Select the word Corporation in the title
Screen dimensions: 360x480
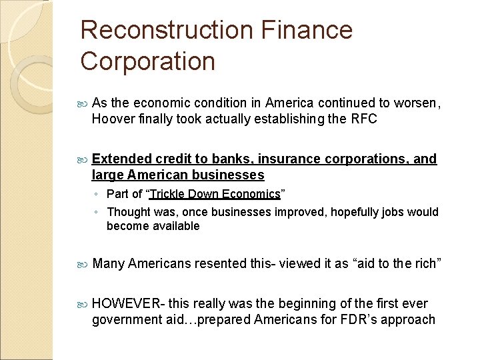[x=148, y=61]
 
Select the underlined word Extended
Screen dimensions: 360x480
[x=121, y=159]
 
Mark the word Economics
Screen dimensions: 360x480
[x=251, y=194]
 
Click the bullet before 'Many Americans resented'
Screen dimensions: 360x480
[x=83, y=264]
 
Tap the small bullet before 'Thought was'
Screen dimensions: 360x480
[x=97, y=213]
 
